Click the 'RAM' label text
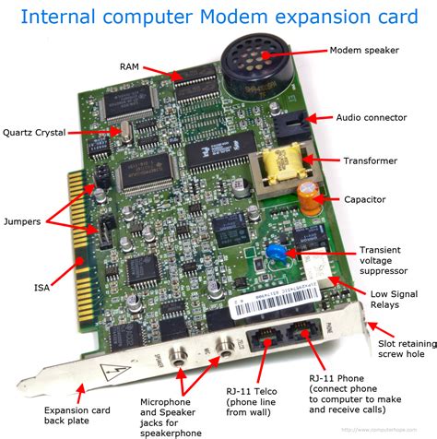tap(130, 65)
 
